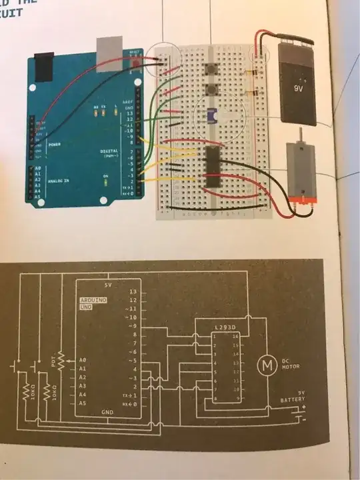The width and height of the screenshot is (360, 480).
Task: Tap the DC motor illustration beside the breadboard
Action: (303, 172)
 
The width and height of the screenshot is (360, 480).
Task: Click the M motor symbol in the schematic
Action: (267, 364)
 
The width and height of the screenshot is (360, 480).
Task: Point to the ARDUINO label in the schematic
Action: (93, 300)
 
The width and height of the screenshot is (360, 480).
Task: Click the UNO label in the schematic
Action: (86, 307)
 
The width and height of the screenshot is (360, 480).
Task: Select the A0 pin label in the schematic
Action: (83, 359)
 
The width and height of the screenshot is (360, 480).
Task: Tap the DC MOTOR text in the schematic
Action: (291, 364)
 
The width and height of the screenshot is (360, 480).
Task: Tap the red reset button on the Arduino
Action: (138, 63)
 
